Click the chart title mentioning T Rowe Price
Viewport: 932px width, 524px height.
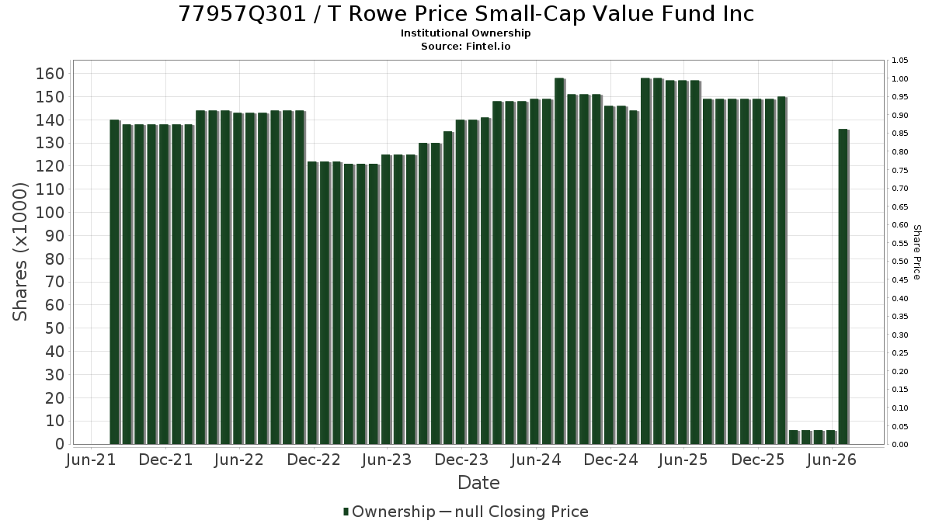click(x=466, y=14)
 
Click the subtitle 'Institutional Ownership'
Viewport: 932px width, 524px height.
click(x=465, y=33)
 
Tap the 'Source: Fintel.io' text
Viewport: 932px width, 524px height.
click(x=465, y=46)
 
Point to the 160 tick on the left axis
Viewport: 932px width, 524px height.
click(x=50, y=74)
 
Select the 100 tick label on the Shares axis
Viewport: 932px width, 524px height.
click(x=50, y=213)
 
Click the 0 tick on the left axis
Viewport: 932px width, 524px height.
click(x=61, y=444)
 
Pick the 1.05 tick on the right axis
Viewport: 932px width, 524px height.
click(x=900, y=61)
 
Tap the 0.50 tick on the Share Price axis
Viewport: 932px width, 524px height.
click(x=900, y=262)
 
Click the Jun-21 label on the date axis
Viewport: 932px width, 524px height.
click(x=91, y=460)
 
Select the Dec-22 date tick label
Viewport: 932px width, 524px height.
click(x=314, y=460)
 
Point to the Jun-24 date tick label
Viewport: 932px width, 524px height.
click(x=536, y=460)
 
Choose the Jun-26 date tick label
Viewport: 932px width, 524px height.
click(x=831, y=460)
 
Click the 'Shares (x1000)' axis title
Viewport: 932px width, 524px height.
click(x=19, y=252)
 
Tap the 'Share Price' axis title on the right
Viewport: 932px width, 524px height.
click(x=917, y=252)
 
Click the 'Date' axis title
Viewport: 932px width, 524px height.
click(x=478, y=483)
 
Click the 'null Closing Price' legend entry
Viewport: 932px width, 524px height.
click(x=522, y=512)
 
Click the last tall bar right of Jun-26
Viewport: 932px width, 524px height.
click(x=843, y=286)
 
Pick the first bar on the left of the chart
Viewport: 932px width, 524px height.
click(x=115, y=282)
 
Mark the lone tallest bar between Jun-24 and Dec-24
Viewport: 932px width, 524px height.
click(x=560, y=261)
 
